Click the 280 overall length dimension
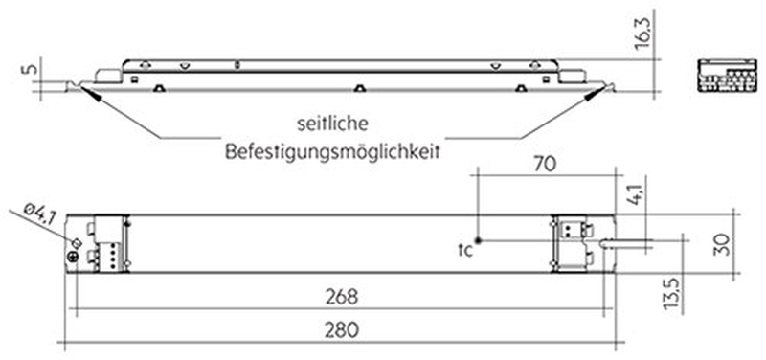pos(342,330)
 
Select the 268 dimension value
pos(342,297)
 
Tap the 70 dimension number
pos(544,165)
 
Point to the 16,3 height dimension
pos(643,33)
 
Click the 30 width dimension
pos(724,244)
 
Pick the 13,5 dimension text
pos(674,293)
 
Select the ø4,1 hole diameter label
pos(39,215)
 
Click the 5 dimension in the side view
pos(30,69)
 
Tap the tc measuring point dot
pos(480,239)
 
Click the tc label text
pos(465,250)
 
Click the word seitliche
pos(332,124)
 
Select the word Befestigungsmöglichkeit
pos(332,152)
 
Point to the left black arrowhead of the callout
pos(92,94)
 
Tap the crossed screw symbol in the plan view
pos(74,257)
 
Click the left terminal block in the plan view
pos(108,243)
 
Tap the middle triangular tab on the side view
pos(359,88)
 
